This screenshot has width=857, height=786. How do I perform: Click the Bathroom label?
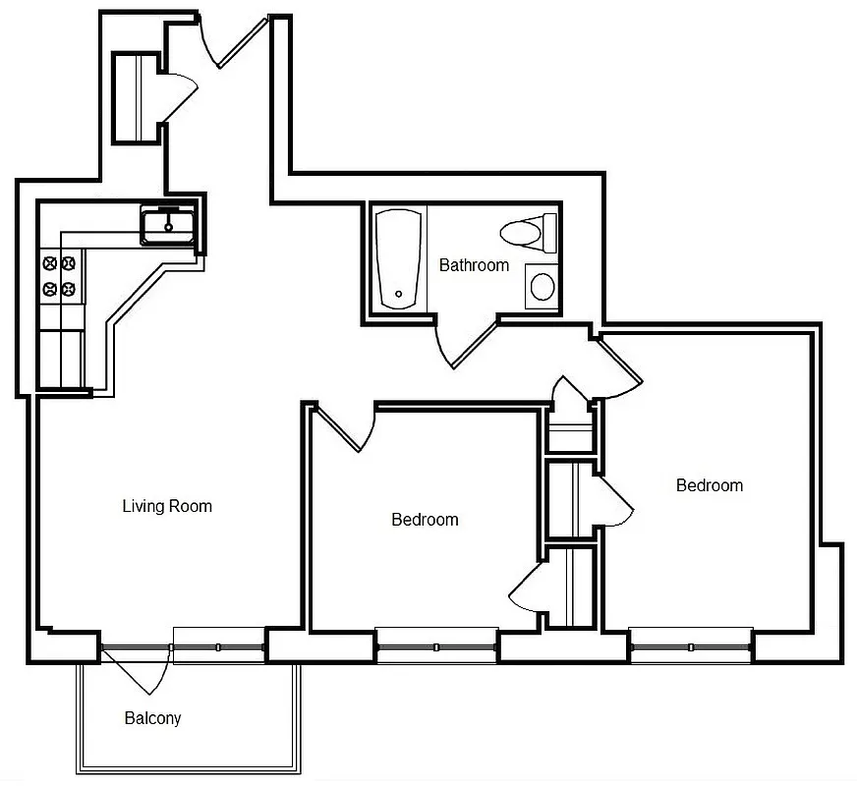pyautogui.click(x=474, y=265)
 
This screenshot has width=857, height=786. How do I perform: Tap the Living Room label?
pyautogui.click(x=167, y=507)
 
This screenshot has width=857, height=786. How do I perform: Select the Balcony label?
pyautogui.click(x=152, y=718)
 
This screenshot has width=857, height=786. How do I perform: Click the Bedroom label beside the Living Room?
pyautogui.click(x=425, y=520)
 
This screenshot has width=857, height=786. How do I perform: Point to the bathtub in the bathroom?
pyautogui.click(x=399, y=259)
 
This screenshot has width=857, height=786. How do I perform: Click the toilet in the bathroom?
pyautogui.click(x=521, y=233)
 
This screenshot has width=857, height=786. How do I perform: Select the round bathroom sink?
pyautogui.click(x=542, y=287)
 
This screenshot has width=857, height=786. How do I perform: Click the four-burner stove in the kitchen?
pyautogui.click(x=58, y=276)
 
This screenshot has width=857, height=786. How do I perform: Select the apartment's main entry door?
pyautogui.click(x=236, y=44)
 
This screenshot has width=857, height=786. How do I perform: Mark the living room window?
pyautogui.click(x=218, y=646)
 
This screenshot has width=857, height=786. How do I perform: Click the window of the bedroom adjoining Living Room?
pyautogui.click(x=436, y=646)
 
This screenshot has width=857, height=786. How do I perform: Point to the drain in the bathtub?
pyautogui.click(x=398, y=293)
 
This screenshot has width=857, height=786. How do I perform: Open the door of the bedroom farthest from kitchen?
pyautogui.click(x=619, y=366)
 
